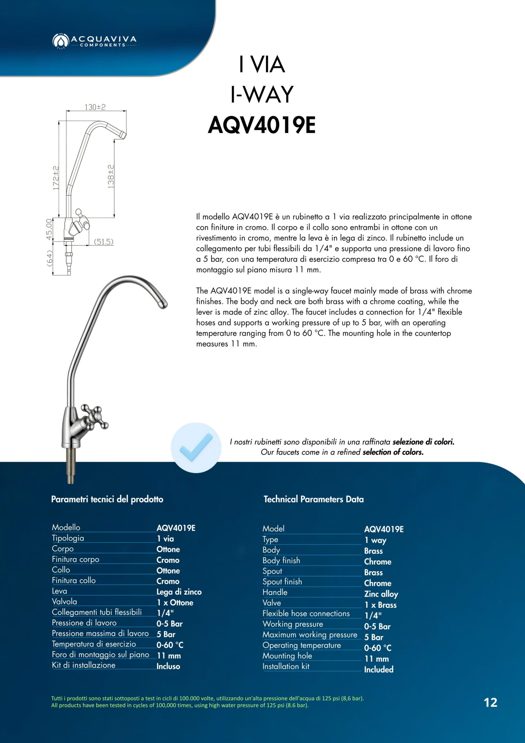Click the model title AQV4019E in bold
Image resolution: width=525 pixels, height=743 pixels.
[261, 126]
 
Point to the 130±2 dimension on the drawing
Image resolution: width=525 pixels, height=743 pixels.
[95, 107]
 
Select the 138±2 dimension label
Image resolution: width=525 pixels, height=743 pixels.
[111, 176]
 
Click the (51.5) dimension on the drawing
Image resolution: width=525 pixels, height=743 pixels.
[104, 242]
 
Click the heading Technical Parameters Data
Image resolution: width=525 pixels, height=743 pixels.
[313, 499]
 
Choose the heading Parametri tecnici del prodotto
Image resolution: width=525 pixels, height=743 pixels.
[107, 499]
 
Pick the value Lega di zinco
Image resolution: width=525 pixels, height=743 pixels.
[179, 592]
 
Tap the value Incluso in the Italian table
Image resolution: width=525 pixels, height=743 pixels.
[168, 666]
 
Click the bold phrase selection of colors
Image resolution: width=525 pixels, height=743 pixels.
[393, 452]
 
